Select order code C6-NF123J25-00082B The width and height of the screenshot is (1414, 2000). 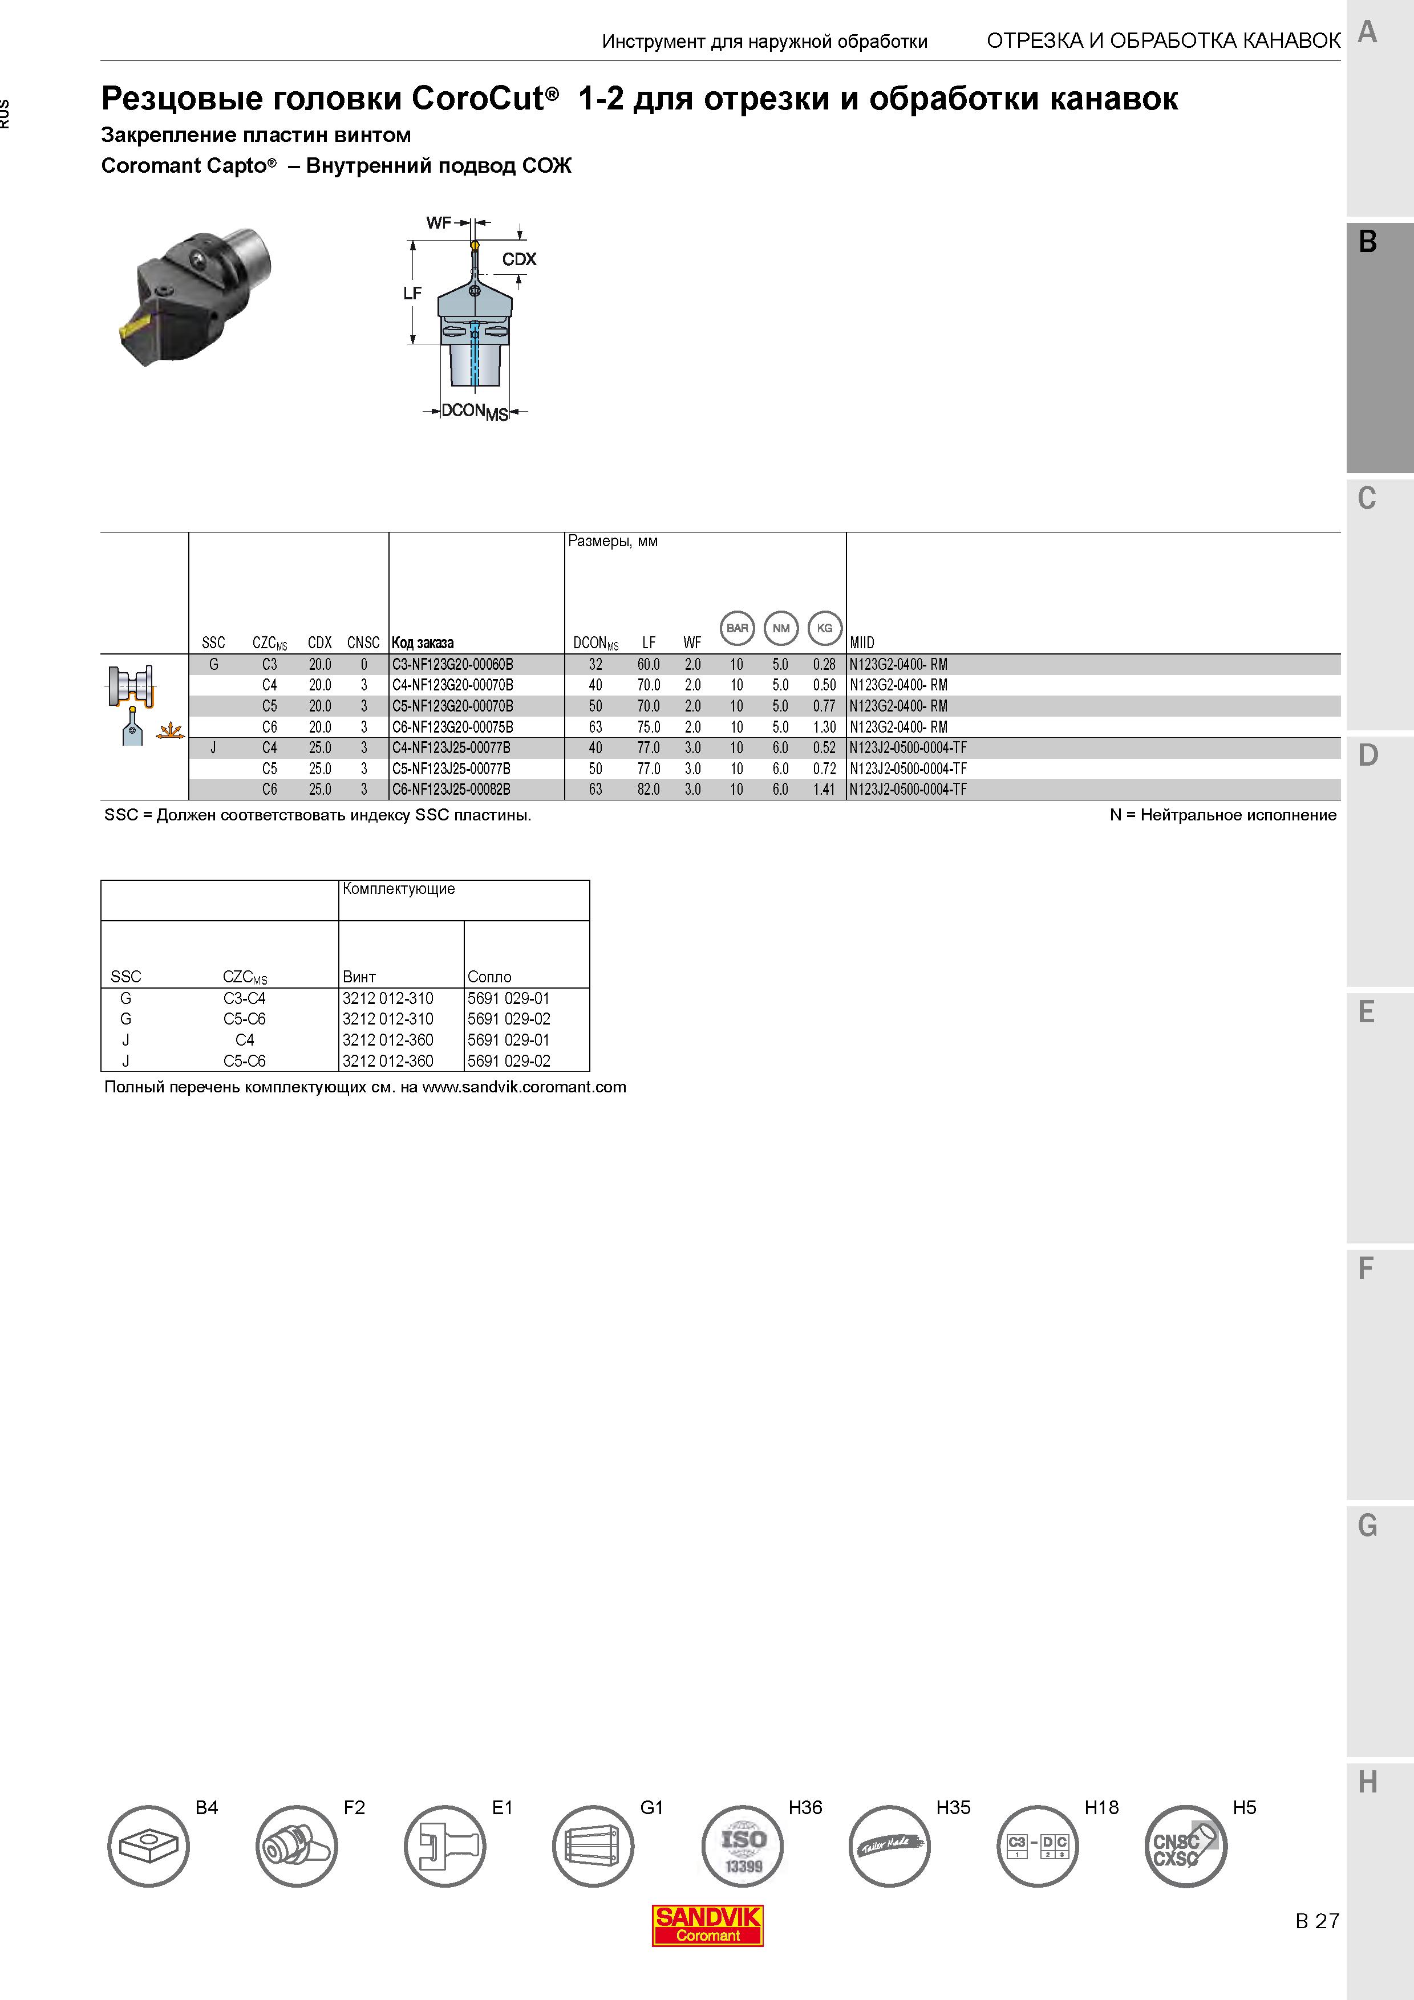451,789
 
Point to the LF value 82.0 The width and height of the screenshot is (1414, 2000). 648,789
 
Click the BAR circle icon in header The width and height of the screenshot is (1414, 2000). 737,628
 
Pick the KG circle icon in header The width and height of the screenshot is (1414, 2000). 824,628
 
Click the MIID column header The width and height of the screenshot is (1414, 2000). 862,643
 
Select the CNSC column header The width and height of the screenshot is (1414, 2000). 363,643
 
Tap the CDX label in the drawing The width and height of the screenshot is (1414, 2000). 519,259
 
